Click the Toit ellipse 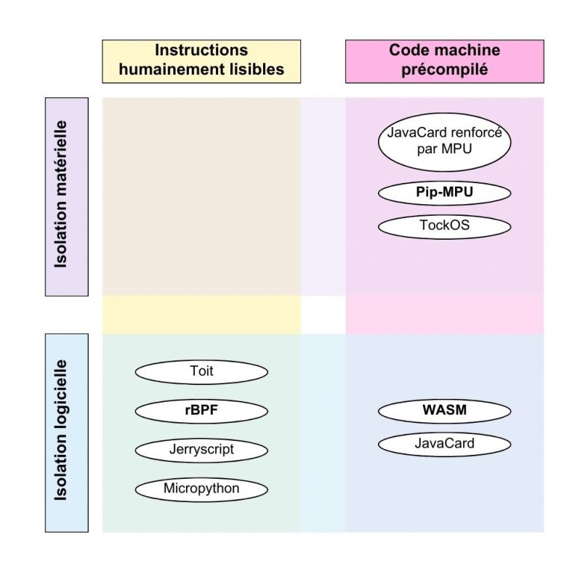pyautogui.click(x=201, y=372)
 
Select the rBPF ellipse pyautogui.click(x=201, y=411)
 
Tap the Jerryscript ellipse pyautogui.click(x=201, y=450)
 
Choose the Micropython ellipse pyautogui.click(x=201, y=488)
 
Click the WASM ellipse pyautogui.click(x=444, y=411)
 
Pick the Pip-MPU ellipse pyautogui.click(x=444, y=193)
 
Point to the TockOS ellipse pyautogui.click(x=444, y=225)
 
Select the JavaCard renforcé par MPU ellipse pyautogui.click(x=444, y=142)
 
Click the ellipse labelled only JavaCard pyautogui.click(x=444, y=443)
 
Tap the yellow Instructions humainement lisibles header pyautogui.click(x=201, y=61)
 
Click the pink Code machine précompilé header pyautogui.click(x=444, y=61)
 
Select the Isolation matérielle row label pyautogui.click(x=67, y=197)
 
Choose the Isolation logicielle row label pyautogui.click(x=67, y=432)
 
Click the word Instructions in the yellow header pyautogui.click(x=201, y=51)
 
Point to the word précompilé pyautogui.click(x=444, y=70)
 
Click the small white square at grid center pyautogui.click(x=323, y=315)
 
